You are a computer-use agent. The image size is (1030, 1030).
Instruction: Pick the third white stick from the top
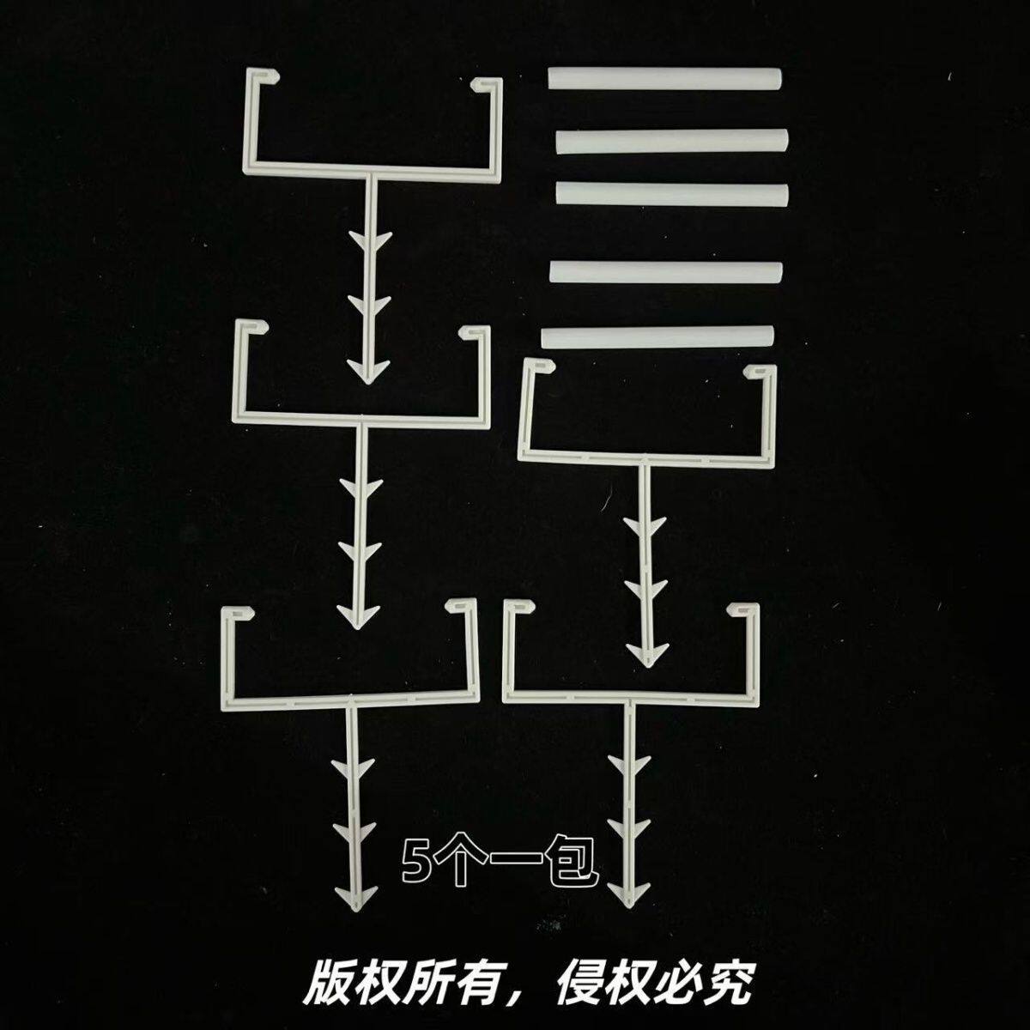pyautogui.click(x=671, y=193)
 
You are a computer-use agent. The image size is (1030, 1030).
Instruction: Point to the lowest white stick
pyautogui.click(x=657, y=336)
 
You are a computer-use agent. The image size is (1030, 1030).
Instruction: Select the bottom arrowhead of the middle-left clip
pyautogui.click(x=354, y=616)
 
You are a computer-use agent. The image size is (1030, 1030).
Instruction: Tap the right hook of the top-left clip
pyautogui.click(x=486, y=84)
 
